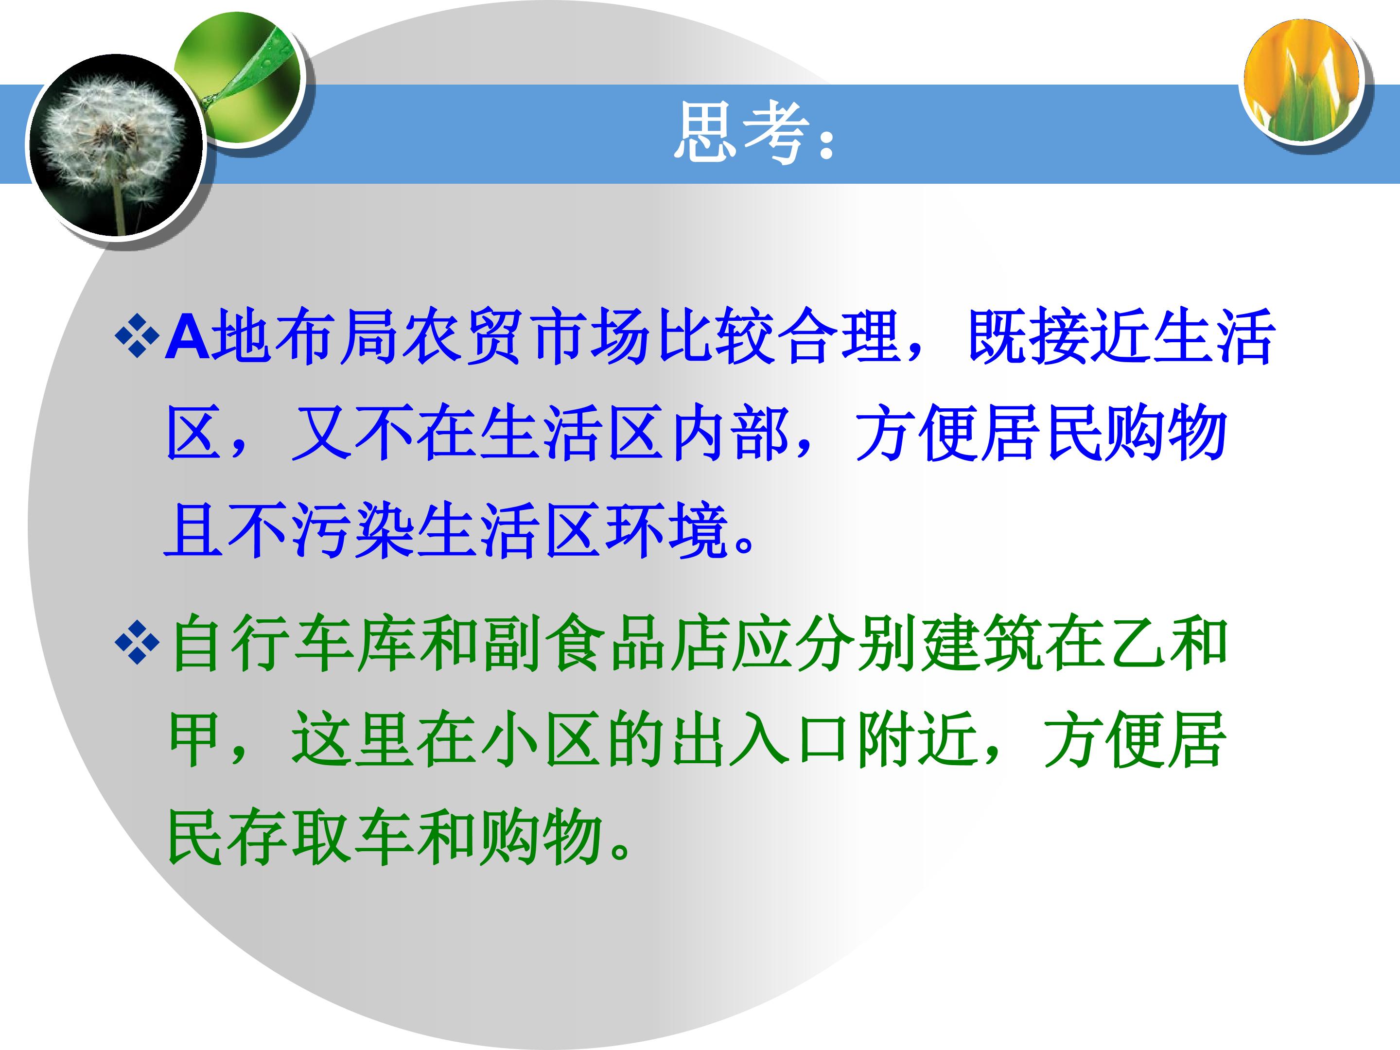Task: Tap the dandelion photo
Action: (x=115, y=145)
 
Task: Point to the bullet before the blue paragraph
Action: (x=138, y=336)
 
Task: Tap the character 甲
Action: (x=195, y=740)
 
